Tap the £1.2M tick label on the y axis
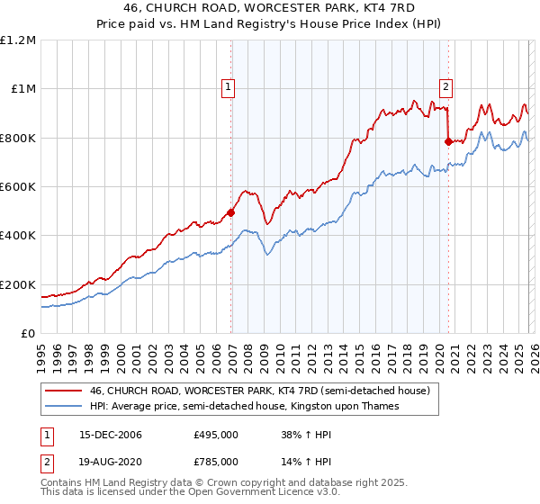(18, 40)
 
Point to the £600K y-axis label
(18, 186)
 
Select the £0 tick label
(27, 333)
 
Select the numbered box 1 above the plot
(229, 87)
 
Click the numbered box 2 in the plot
(445, 87)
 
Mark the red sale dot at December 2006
(230, 212)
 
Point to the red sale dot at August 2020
(448, 141)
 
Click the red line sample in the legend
(63, 391)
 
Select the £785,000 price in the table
(216, 461)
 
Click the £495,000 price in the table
(216, 435)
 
